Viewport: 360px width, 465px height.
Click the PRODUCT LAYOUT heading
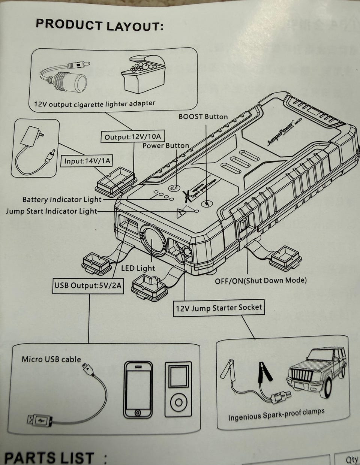(x=99, y=25)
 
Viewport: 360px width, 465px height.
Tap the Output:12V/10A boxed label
(x=133, y=137)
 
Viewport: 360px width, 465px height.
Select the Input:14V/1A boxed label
(x=87, y=161)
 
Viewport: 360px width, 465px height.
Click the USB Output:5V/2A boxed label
(x=88, y=286)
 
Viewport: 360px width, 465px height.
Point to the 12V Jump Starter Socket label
(x=219, y=308)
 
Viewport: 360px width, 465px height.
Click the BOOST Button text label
(x=203, y=117)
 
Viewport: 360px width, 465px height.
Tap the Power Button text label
(x=166, y=145)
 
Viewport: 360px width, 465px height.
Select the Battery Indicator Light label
(x=62, y=199)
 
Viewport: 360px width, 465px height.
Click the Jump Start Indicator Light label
(x=51, y=211)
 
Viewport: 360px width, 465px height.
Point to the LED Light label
(x=138, y=268)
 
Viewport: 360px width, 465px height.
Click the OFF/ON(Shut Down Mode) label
(x=261, y=280)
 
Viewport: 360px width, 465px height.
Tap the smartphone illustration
(x=138, y=389)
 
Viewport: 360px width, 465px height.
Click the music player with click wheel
(x=178, y=389)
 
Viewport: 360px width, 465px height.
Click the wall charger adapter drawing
(x=34, y=148)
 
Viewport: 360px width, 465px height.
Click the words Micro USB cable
(x=51, y=359)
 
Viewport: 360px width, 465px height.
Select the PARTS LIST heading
(x=49, y=458)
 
